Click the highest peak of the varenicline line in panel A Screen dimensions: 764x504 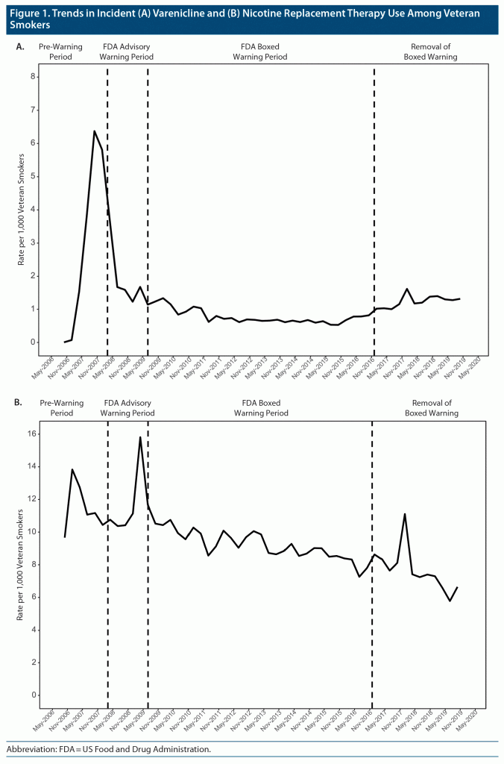pyautogui.click(x=94, y=131)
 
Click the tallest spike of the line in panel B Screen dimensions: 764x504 pyautogui.click(x=140, y=437)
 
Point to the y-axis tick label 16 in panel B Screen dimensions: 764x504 pyautogui.click(x=32, y=434)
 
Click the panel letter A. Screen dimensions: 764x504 pyautogui.click(x=20, y=46)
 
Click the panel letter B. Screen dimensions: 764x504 pyautogui.click(x=20, y=403)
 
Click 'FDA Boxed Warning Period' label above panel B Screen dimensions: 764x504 pyautogui.click(x=260, y=407)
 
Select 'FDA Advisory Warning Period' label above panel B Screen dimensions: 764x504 pyautogui.click(x=127, y=407)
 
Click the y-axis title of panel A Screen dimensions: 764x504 pyautogui.click(x=22, y=210)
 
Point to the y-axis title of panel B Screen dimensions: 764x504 pyautogui.click(x=22, y=565)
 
